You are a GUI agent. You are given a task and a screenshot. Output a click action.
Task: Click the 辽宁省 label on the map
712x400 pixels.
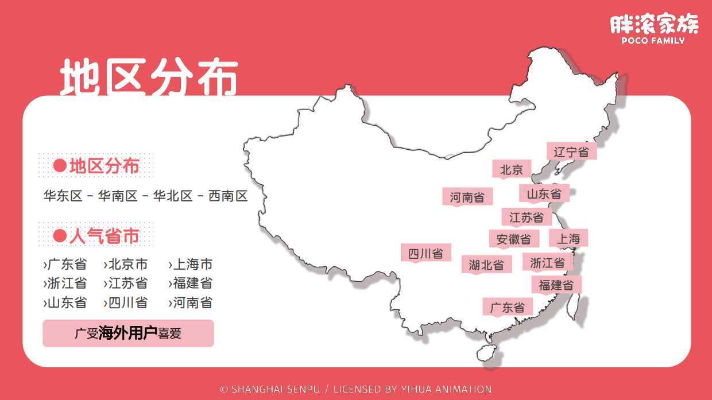pos(571,152)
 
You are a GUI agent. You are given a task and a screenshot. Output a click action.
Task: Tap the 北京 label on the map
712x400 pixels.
pos(512,169)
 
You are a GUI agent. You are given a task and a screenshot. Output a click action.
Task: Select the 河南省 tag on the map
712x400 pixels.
pos(467,197)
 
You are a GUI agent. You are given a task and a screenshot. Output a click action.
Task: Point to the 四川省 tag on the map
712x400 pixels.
pos(425,253)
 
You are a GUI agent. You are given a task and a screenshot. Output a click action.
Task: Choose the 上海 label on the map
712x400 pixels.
pos(568,239)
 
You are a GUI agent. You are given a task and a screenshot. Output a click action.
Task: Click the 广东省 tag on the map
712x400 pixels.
pos(508,307)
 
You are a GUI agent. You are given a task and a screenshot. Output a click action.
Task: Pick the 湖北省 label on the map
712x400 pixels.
pos(486,265)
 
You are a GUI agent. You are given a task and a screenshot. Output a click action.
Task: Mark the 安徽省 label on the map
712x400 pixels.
pos(514,239)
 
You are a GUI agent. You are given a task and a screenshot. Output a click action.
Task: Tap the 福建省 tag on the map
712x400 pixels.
pos(556,285)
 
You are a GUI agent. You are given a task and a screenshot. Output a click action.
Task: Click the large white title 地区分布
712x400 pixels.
pos(149,77)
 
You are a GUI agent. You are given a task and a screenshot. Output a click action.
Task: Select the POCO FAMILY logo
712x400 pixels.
pos(654,29)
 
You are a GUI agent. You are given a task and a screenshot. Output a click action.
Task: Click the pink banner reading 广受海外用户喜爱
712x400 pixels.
pos(128,333)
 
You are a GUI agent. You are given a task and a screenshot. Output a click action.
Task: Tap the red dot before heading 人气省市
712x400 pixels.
pos(60,236)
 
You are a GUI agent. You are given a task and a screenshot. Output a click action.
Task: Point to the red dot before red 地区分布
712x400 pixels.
pos(60,166)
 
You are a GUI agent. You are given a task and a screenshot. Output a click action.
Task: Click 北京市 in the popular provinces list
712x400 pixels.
pos(128,264)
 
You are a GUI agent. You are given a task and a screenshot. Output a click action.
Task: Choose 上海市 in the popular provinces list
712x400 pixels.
pos(193,264)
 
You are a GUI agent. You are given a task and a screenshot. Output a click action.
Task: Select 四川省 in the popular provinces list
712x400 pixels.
pos(128,302)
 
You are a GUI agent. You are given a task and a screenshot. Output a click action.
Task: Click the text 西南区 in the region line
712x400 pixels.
pos(228,196)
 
